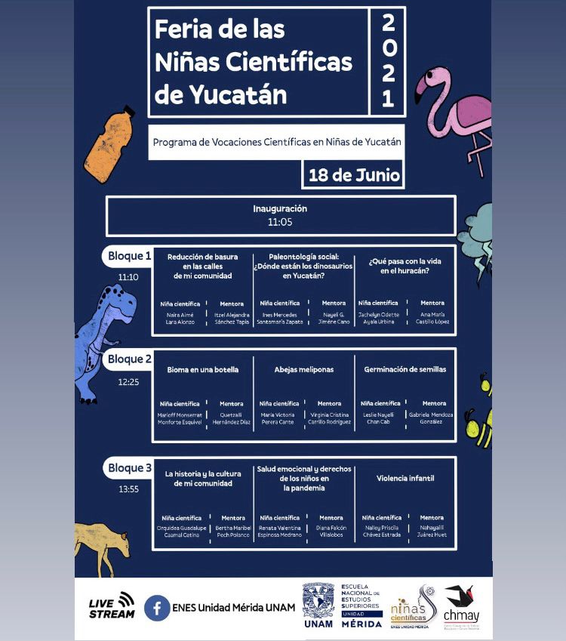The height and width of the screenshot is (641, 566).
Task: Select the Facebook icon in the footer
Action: (157, 607)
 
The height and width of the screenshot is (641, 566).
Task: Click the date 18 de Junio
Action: (353, 176)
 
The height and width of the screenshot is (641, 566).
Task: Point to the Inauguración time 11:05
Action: (280, 222)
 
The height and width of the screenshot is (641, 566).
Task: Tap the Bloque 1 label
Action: (129, 256)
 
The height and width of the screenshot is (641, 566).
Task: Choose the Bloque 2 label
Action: (129, 359)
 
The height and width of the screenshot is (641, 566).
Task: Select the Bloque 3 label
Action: (129, 468)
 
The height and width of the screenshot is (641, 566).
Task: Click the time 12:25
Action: (128, 382)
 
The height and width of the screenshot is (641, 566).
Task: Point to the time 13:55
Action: (128, 489)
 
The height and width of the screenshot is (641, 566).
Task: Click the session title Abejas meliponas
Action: (304, 370)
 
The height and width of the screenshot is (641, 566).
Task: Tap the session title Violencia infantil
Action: (405, 478)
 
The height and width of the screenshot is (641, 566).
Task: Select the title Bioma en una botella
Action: (202, 370)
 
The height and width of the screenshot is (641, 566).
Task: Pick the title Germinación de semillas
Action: (405, 370)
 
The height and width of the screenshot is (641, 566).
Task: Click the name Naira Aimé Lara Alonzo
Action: (180, 318)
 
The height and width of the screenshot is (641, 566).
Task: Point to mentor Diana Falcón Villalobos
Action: (330, 532)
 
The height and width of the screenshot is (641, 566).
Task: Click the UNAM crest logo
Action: (318, 600)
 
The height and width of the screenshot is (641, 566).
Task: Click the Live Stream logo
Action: (112, 606)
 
